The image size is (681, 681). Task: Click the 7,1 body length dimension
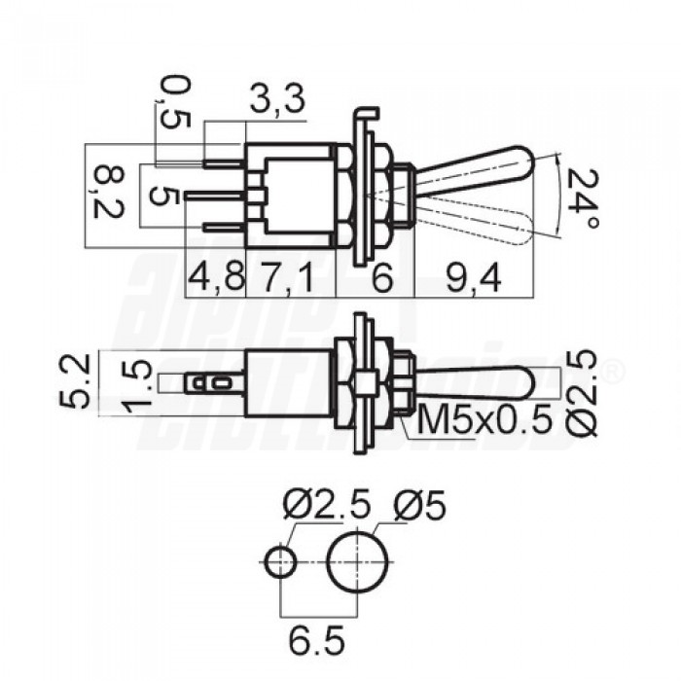[x=288, y=277]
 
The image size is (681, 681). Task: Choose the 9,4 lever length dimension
[x=474, y=277]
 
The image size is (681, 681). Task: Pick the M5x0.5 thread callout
[x=484, y=419]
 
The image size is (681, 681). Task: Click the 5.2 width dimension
[x=74, y=381]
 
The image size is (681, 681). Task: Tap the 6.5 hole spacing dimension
[x=316, y=639]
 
